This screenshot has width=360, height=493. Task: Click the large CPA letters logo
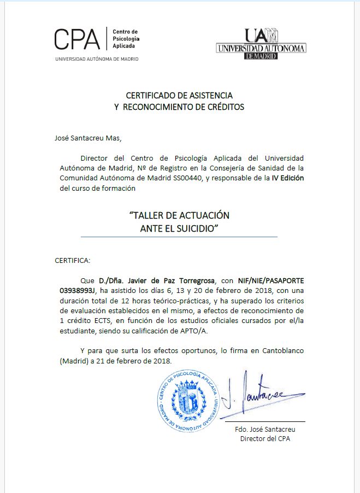pyautogui.click(x=77, y=39)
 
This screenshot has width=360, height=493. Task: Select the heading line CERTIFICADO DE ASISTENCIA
pyautogui.click(x=179, y=95)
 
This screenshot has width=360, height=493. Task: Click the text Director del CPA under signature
pyautogui.click(x=265, y=438)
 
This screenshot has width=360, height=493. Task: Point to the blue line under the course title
pyautogui.click(x=179, y=237)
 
